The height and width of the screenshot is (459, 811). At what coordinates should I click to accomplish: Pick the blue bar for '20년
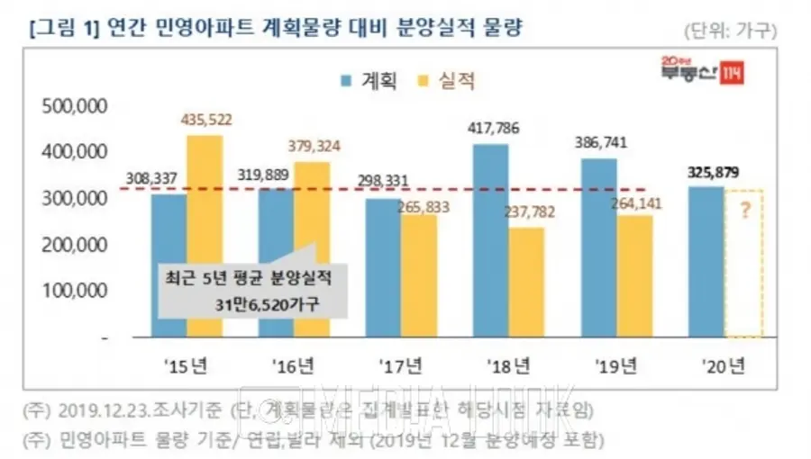[705, 262]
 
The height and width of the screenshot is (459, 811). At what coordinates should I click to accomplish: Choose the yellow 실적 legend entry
[447, 80]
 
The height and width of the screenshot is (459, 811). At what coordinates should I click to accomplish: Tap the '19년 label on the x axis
[615, 365]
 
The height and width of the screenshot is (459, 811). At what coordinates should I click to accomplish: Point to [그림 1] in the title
[64, 28]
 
